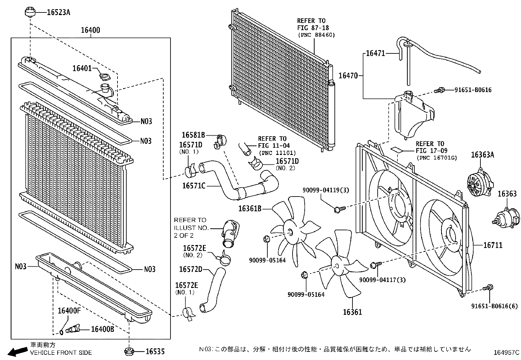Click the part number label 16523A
[59, 12]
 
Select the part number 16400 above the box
[90, 30]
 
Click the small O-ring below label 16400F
[62, 332]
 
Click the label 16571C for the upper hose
[193, 186]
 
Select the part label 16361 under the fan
[352, 312]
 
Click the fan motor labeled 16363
[506, 218]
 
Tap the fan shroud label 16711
[493, 245]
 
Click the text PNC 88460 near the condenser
[316, 35]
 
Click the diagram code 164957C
[506, 353]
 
